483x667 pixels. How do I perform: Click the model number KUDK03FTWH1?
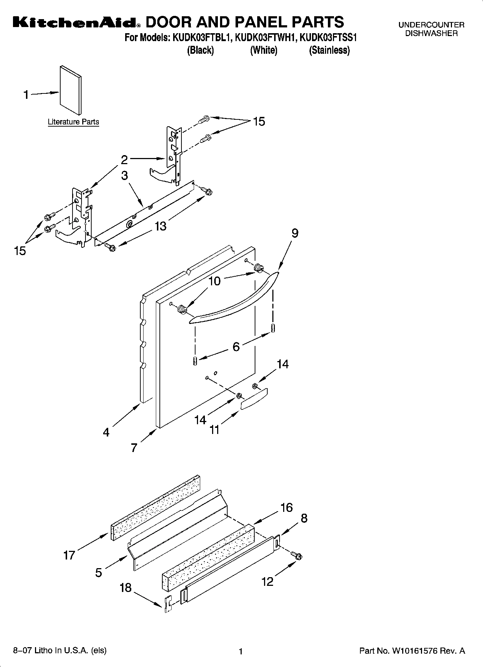click(265, 38)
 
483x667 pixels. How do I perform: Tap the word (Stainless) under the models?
click(329, 50)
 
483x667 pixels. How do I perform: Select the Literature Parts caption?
click(73, 122)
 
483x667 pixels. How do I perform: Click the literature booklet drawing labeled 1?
click(71, 90)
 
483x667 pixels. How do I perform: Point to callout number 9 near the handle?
click(295, 233)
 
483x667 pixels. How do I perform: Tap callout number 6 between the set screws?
click(236, 347)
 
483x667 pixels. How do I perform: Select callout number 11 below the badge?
click(215, 430)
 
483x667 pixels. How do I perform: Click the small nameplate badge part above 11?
click(254, 399)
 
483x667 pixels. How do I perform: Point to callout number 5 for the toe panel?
click(98, 572)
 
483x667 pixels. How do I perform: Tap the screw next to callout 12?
click(298, 556)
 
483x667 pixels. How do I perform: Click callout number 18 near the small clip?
click(126, 588)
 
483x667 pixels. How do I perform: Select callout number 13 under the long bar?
click(161, 226)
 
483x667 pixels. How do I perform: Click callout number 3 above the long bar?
click(124, 176)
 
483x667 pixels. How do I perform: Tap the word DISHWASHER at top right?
click(431, 34)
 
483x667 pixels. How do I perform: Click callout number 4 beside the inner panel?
click(106, 432)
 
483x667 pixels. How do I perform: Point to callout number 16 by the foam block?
click(286, 508)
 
